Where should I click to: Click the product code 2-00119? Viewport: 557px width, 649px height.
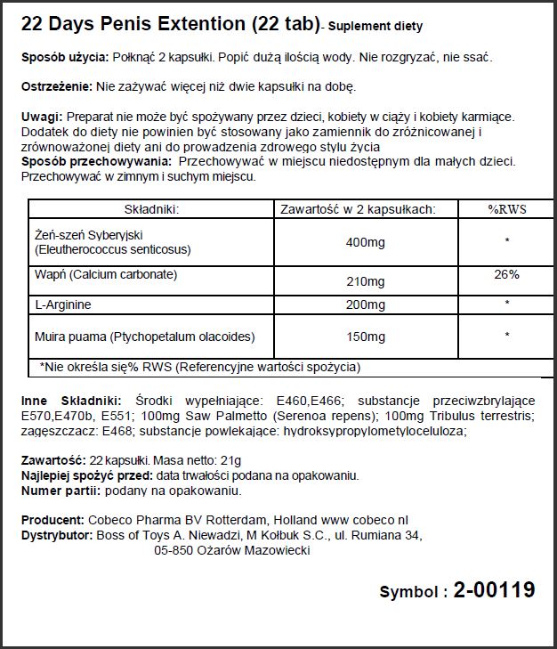tap(495, 589)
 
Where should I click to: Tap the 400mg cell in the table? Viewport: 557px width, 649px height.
tap(365, 241)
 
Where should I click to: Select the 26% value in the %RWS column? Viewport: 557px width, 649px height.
tap(506, 275)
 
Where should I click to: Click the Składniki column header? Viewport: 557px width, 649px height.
tap(151, 209)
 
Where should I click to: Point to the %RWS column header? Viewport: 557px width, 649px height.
tap(505, 209)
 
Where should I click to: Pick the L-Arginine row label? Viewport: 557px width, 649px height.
tap(63, 304)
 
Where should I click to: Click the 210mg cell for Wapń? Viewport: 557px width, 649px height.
tap(365, 282)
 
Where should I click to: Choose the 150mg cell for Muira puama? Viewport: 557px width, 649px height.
tap(365, 337)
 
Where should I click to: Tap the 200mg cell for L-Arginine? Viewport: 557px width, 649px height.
tap(365, 304)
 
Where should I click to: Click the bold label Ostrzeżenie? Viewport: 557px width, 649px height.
tap(55, 86)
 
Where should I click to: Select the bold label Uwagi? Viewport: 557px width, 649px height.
tap(40, 117)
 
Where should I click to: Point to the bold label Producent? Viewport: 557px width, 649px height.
tap(52, 520)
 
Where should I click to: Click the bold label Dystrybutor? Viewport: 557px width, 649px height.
tap(56, 535)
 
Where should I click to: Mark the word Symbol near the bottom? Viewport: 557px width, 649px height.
tap(408, 592)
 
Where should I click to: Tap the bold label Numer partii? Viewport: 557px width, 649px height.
tap(59, 491)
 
